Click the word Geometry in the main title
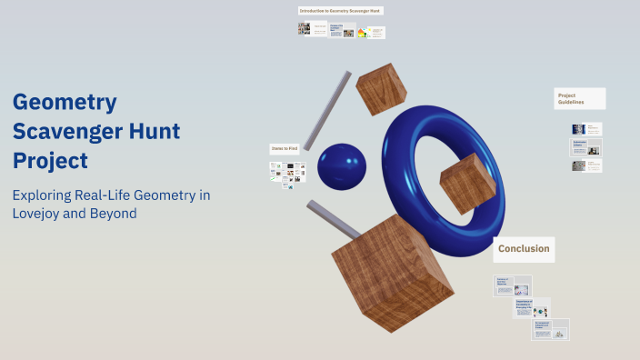pyautogui.click(x=65, y=102)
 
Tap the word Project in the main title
pyautogui.click(x=50, y=161)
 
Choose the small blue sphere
pyautogui.click(x=341, y=167)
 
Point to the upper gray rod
pyautogui.click(x=326, y=110)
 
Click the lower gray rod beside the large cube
pyautogui.click(x=331, y=219)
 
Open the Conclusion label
pyautogui.click(x=524, y=248)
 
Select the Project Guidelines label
pyautogui.click(x=579, y=98)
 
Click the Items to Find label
pyautogui.click(x=285, y=148)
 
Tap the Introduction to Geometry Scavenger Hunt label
pyautogui.click(x=341, y=11)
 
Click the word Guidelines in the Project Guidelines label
pyautogui.click(x=572, y=103)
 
